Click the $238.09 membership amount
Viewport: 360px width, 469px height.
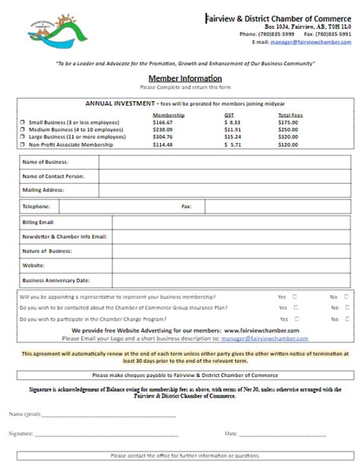163,130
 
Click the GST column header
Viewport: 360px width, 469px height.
229,115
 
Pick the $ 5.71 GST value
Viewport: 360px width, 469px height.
231,144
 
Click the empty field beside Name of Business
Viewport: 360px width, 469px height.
225,162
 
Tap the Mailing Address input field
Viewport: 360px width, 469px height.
225,189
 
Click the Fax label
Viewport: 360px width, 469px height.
186,206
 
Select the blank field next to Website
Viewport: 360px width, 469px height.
231,265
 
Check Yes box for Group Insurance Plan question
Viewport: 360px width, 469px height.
295,308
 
